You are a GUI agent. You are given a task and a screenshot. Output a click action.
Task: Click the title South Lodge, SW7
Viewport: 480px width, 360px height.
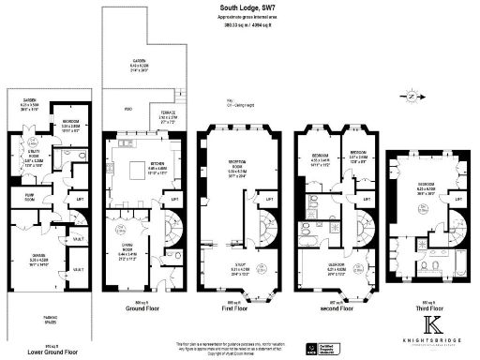tap(242, 8)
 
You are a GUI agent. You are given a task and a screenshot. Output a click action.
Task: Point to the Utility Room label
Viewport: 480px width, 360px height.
tap(32, 159)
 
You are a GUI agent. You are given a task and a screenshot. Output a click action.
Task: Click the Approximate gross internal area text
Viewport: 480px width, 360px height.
tap(241, 18)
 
